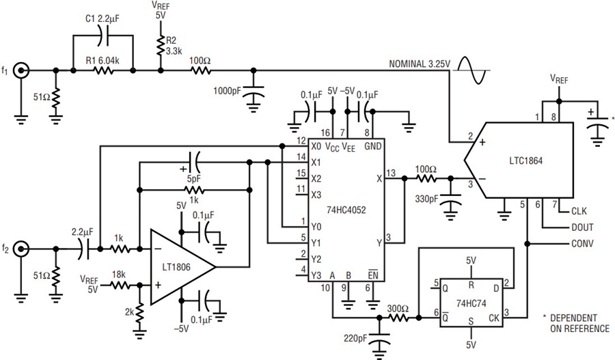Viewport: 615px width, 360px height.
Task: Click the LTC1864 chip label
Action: (525, 161)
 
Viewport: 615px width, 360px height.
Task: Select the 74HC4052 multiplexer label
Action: (346, 210)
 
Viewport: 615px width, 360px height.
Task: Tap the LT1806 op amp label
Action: (176, 267)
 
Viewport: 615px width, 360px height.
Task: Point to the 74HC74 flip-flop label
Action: (471, 303)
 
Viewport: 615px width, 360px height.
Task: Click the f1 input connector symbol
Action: (20, 71)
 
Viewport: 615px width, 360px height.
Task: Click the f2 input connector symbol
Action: (20, 249)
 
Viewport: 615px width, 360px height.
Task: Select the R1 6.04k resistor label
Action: (102, 61)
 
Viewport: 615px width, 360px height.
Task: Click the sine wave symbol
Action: (471, 70)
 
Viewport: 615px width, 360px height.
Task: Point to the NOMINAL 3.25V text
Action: (420, 64)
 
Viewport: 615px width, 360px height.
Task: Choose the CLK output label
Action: (579, 211)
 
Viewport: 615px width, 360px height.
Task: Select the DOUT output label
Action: (582, 227)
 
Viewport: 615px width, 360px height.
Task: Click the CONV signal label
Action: (582, 243)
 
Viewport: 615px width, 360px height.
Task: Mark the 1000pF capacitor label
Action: (227, 91)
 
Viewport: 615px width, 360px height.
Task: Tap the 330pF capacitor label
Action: (426, 199)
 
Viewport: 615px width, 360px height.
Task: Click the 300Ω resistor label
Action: (398, 309)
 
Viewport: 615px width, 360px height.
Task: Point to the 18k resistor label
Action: (118, 275)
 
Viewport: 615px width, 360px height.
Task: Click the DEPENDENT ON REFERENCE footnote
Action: (576, 323)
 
